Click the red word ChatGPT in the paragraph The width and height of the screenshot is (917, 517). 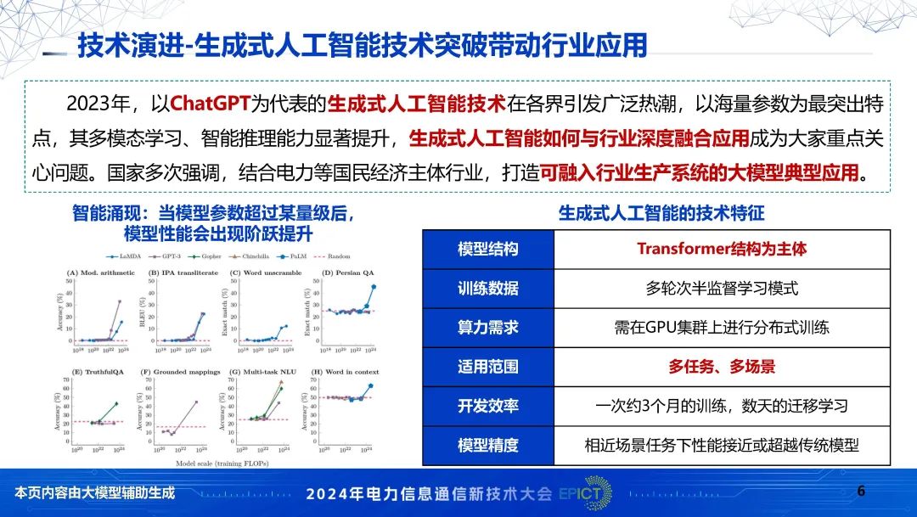[x=210, y=104]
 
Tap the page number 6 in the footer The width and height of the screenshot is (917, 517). [x=861, y=491]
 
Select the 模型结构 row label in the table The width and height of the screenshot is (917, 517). [x=487, y=249]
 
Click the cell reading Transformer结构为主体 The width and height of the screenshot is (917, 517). [x=722, y=249]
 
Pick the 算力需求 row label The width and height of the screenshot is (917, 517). [x=487, y=327]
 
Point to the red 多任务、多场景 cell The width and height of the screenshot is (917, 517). [x=722, y=367]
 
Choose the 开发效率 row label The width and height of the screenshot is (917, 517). [x=487, y=406]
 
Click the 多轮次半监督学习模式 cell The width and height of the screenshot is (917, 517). [x=722, y=288]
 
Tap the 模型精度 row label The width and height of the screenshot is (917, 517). [x=487, y=445]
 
